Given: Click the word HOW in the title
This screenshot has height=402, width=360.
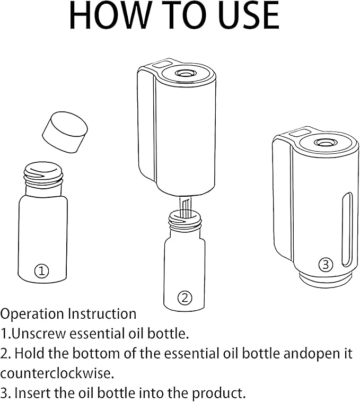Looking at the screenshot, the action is (108, 15).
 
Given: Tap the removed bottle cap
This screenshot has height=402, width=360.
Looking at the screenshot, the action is (65, 132).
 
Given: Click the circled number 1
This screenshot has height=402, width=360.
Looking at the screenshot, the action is (41, 270).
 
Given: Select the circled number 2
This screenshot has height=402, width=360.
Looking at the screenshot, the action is (185, 298).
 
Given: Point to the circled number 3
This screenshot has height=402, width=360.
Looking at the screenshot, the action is (326, 264).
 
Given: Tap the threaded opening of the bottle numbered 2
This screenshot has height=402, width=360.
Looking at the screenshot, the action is (185, 220).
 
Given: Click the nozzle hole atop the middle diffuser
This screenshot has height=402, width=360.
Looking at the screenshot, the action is (184, 74).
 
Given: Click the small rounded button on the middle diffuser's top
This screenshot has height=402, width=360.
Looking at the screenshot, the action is (162, 64).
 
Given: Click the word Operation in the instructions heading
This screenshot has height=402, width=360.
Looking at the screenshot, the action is (32, 314).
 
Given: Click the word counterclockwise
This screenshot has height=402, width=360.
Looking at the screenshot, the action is (57, 373).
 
